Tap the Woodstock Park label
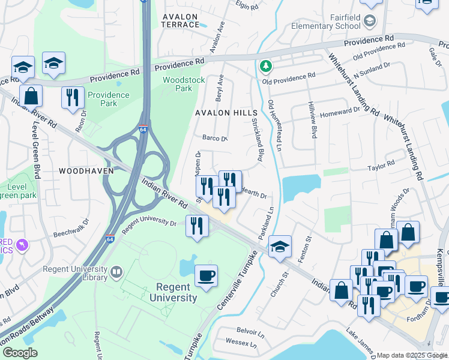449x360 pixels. [x=184, y=84]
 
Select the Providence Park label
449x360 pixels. [x=109, y=99]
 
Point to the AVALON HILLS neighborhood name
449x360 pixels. [x=226, y=113]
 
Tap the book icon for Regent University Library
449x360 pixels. [x=116, y=272]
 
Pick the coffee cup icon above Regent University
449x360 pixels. [x=206, y=275]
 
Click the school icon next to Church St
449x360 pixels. [x=279, y=246]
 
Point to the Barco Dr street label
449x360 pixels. [x=215, y=139]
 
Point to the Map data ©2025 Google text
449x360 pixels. [x=411, y=355]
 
